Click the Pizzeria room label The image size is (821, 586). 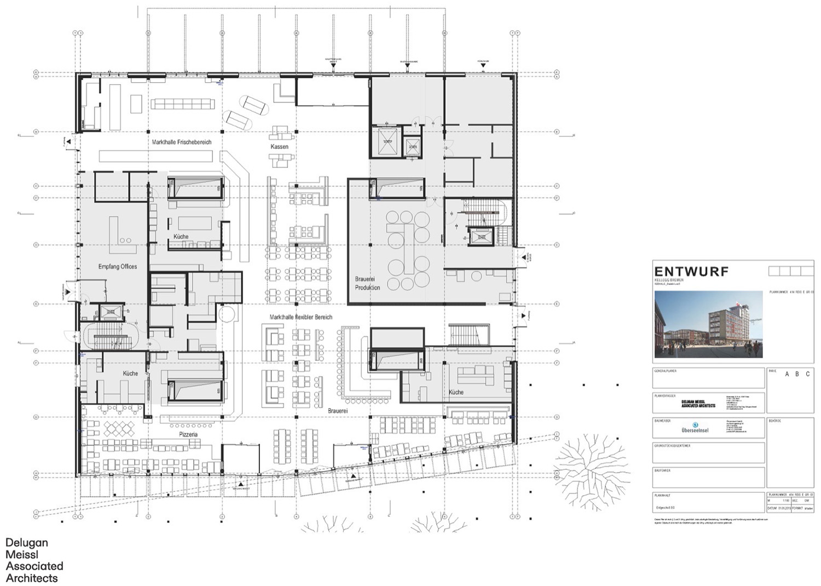188,434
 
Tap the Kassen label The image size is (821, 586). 279,147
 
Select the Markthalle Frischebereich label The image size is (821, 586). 181,142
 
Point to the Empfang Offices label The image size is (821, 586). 118,267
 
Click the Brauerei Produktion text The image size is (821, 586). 367,283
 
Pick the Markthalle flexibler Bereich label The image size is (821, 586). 300,317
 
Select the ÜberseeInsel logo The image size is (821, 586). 695,427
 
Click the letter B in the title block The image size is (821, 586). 797,374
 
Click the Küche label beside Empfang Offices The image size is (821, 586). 181,237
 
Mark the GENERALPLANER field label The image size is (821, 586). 665,371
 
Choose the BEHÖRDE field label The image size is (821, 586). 776,421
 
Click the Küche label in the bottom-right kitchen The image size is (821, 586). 456,392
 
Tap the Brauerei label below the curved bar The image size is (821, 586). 338,410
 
